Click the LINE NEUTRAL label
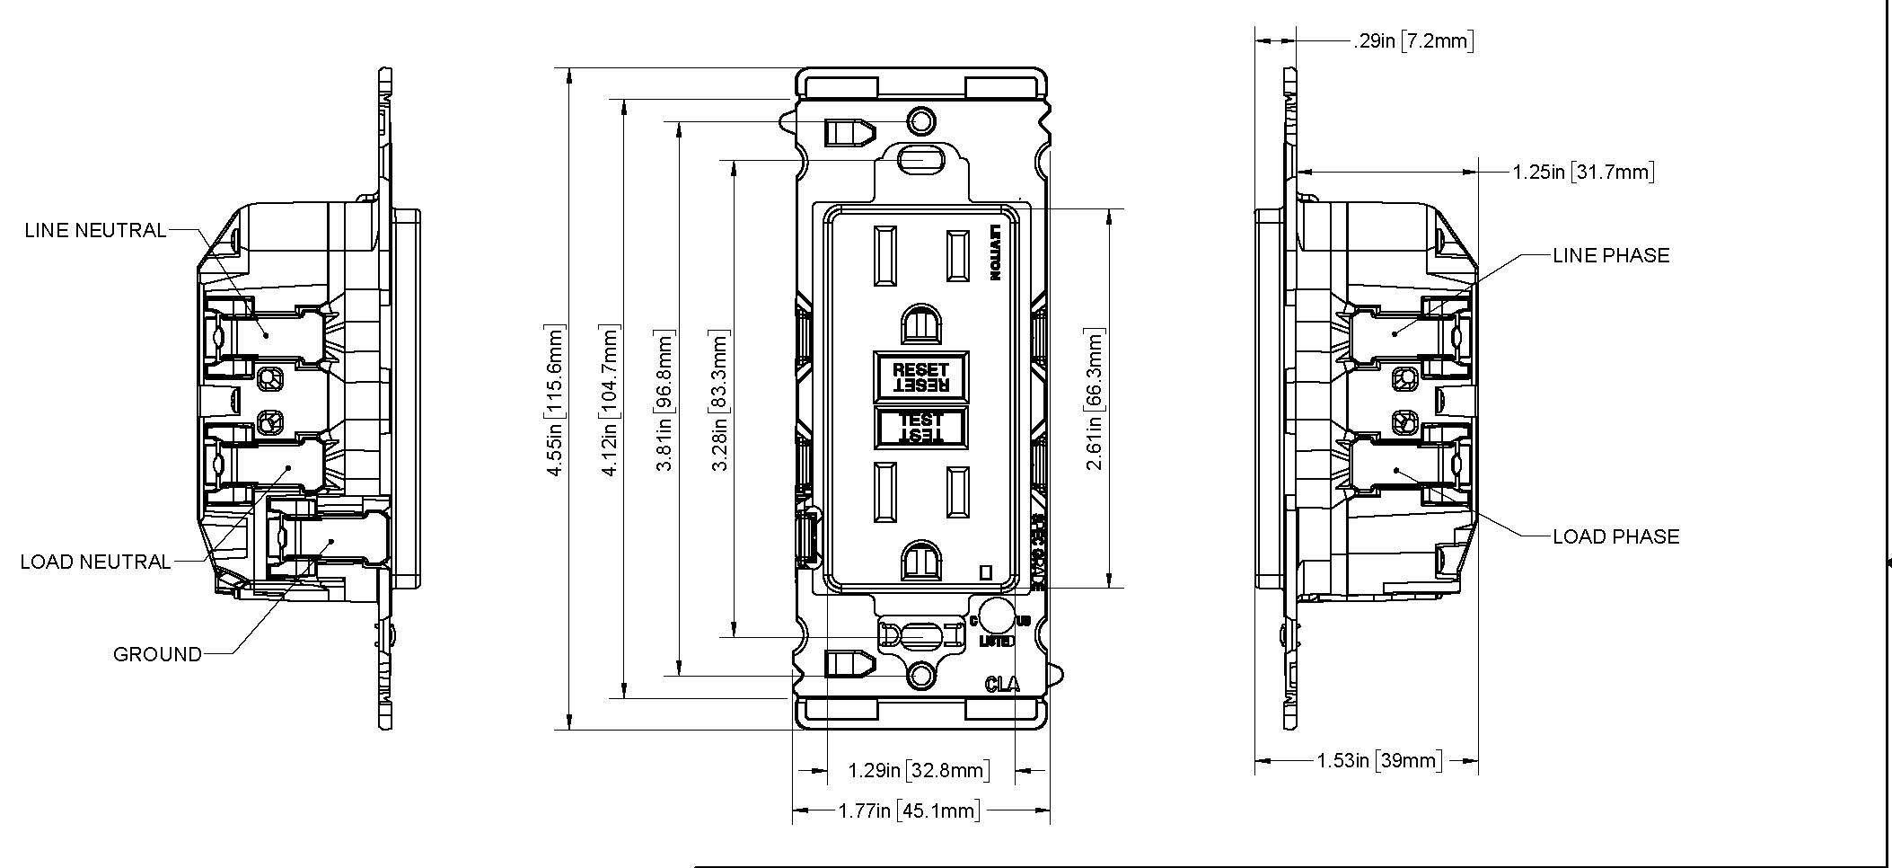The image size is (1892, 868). coord(95,230)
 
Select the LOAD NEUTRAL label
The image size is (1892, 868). coord(95,562)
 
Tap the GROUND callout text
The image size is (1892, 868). coord(157,654)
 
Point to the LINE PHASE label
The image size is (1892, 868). coord(1611,255)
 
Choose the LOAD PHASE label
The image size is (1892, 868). coord(1615,536)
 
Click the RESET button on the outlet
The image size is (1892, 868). coord(920,376)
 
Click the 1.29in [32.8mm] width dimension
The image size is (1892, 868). coord(920,770)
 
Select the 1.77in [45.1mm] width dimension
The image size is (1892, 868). coord(908,811)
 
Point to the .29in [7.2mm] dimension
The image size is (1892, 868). coord(1412,40)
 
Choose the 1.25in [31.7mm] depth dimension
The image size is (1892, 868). coord(1583,172)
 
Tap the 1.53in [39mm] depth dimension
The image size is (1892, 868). coord(1377,761)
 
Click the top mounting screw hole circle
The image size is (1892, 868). coord(920,120)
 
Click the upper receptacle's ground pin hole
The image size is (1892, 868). coord(921,323)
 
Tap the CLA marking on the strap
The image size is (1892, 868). coord(1002,685)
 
